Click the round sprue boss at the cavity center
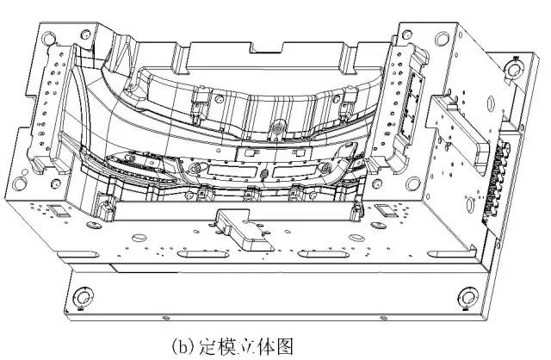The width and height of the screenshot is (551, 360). (277, 130)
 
